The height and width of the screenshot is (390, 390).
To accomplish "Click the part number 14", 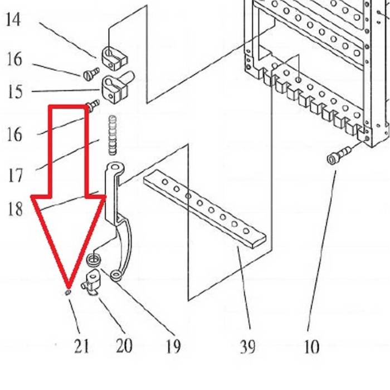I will [13, 21].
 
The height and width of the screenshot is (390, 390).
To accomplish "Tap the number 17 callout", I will [15, 175].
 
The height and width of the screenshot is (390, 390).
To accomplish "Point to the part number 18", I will [15, 209].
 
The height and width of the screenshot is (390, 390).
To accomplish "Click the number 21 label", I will [81, 347].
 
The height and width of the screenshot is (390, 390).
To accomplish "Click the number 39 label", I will [247, 347].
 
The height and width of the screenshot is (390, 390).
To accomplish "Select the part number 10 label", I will [311, 347].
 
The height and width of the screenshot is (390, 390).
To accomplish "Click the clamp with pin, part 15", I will [116, 86].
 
